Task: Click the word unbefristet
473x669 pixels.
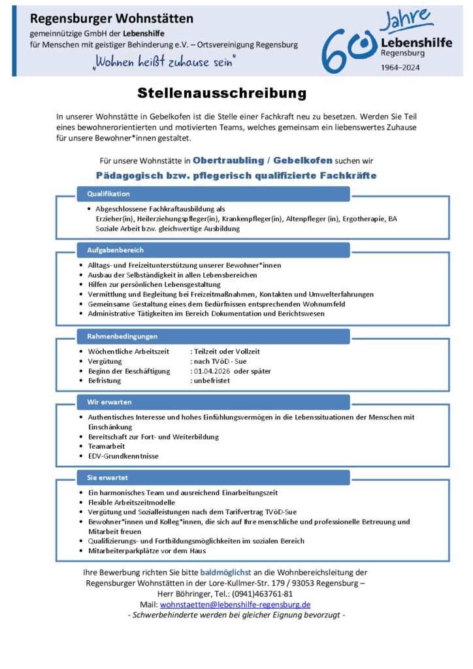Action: pyautogui.click(x=212, y=380)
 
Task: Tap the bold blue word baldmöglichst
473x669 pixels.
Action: pyautogui.click(x=225, y=572)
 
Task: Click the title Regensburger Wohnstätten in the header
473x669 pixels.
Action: pyautogui.click(x=112, y=19)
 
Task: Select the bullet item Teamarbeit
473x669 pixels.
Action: pyautogui.click(x=106, y=446)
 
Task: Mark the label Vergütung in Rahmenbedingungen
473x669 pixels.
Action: pyautogui.click(x=104, y=361)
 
